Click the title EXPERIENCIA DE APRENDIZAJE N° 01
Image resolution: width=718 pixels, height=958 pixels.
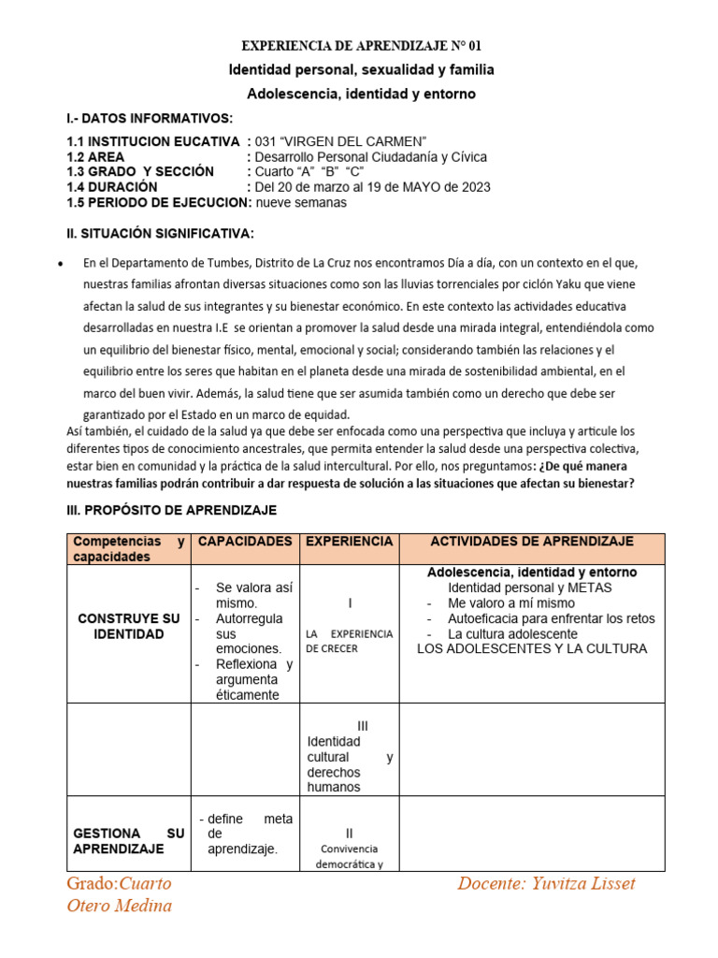pos(363,45)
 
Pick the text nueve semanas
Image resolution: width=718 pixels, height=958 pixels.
pos(301,202)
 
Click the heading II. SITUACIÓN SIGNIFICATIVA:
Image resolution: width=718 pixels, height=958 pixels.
pos(160,233)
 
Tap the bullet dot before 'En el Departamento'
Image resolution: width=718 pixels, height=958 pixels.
pos(61,264)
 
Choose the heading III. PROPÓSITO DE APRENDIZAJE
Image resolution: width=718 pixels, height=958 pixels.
pos(171,510)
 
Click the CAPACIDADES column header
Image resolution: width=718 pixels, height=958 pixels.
pos(245,542)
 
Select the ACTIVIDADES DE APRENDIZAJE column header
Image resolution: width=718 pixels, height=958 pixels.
pos(532,542)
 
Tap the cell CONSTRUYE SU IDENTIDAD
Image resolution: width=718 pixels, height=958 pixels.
pos(129,627)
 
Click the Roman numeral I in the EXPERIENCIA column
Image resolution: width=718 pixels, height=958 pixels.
pos(350,603)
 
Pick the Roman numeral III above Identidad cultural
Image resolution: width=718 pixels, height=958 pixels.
pos(363,725)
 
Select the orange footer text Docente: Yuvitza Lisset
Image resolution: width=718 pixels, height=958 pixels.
pos(547,884)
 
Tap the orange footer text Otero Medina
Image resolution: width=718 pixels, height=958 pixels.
pos(120,905)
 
